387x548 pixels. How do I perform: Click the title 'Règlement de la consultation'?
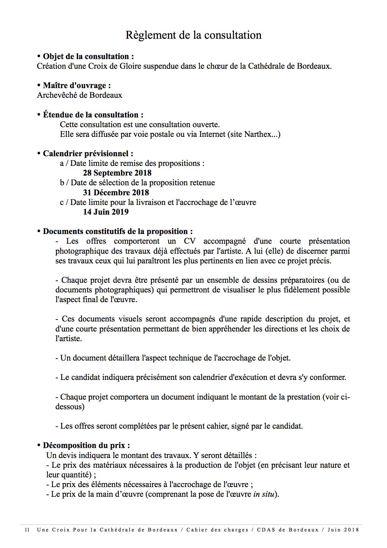pyautogui.click(x=193, y=35)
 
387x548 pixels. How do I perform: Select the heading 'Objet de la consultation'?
pyautogui.click(x=88, y=57)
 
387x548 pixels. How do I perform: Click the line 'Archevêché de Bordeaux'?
pyautogui.click(x=79, y=95)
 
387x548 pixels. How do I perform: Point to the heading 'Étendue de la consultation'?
pyautogui.click(x=93, y=115)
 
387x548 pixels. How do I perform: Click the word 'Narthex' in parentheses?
pyautogui.click(x=257, y=134)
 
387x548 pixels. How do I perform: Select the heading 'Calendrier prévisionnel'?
pyautogui.click(x=87, y=153)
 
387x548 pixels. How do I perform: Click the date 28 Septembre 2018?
pyautogui.click(x=117, y=173)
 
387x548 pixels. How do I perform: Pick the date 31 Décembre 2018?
pyautogui.click(x=116, y=192)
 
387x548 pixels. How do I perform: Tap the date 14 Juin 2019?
pyautogui.click(x=106, y=212)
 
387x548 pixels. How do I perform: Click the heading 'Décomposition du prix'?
pyautogui.click(x=86, y=445)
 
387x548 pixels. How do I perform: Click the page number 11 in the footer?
pyautogui.click(x=27, y=530)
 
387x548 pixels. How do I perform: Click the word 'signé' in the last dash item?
pyautogui.click(x=241, y=426)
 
